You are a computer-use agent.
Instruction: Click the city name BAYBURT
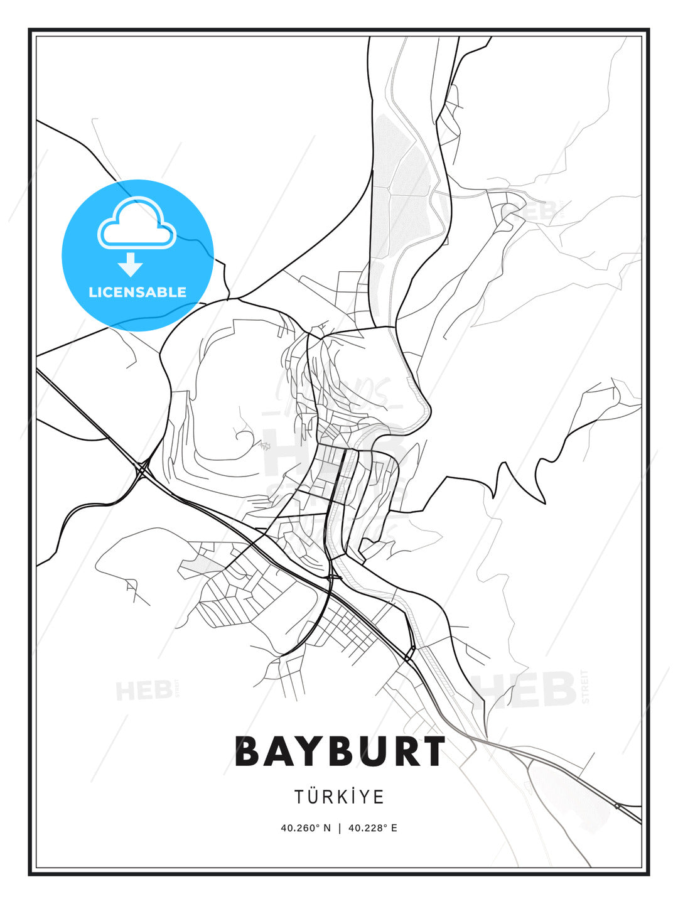coord(340,751)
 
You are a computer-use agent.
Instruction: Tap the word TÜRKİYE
coord(340,797)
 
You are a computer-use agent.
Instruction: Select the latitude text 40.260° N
coord(306,828)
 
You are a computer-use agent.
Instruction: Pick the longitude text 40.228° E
coord(372,828)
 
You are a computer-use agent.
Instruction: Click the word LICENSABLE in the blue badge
coord(137,292)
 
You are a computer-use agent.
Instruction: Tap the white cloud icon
coord(136,224)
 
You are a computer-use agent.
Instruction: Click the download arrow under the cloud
coord(131,265)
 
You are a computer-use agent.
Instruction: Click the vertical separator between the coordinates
coord(340,828)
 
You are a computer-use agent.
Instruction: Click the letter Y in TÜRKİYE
coord(362,797)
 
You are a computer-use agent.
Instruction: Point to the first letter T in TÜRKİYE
coord(299,797)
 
